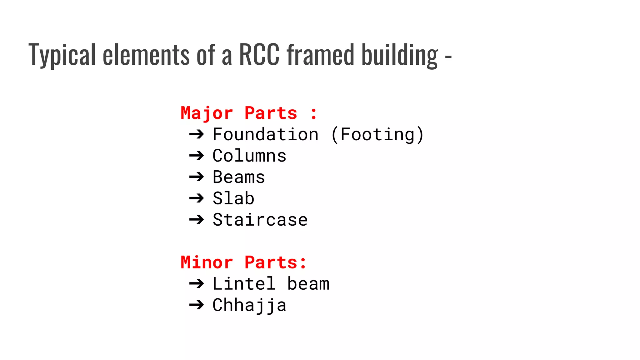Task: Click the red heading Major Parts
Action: click(x=239, y=113)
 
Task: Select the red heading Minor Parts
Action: click(x=239, y=262)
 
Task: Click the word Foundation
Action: click(x=266, y=134)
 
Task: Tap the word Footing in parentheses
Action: click(x=377, y=134)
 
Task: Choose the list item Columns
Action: click(x=249, y=156)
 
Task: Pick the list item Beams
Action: click(x=239, y=177)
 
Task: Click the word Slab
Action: click(x=233, y=198)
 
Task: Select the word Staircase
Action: click(x=260, y=220)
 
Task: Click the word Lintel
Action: click(x=244, y=284)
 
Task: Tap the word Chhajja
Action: click(x=249, y=305)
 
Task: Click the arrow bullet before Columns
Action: click(x=197, y=156)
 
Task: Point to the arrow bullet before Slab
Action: click(x=197, y=198)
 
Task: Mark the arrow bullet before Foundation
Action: click(x=197, y=134)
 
